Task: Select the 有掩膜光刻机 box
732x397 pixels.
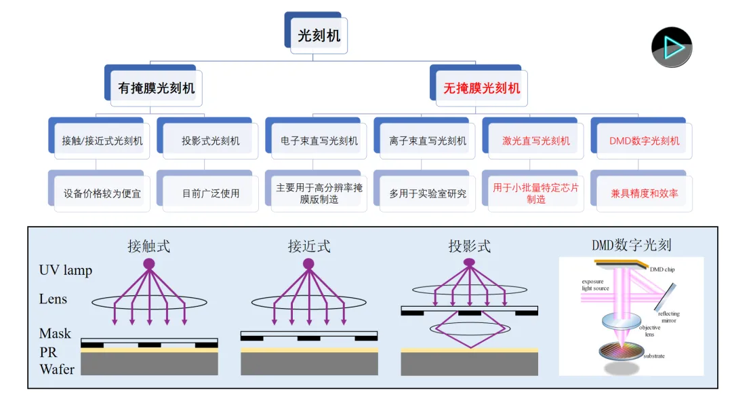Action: (x=156, y=88)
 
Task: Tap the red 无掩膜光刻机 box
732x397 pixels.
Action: (x=482, y=88)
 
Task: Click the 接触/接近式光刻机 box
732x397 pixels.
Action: (x=102, y=141)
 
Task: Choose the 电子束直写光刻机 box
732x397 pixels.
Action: (x=319, y=141)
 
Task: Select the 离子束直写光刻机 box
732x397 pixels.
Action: (x=428, y=141)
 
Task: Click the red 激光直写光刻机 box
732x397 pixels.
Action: (x=536, y=141)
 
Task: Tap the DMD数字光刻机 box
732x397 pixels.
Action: (x=645, y=141)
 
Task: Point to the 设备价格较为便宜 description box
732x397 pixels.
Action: (x=102, y=193)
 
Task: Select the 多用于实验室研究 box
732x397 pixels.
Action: (x=428, y=193)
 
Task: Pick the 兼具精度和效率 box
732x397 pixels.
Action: (x=645, y=193)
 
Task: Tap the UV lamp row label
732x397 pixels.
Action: (x=65, y=270)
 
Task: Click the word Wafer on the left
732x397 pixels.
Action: (x=57, y=369)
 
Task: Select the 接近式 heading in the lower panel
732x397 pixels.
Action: (x=309, y=246)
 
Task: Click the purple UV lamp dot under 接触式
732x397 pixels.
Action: (x=148, y=263)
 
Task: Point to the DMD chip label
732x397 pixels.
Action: (x=662, y=269)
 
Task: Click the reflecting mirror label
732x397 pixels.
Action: (x=668, y=317)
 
